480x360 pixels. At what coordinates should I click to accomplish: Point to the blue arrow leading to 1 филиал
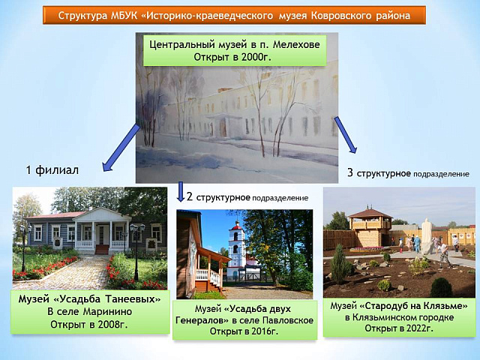click(120, 145)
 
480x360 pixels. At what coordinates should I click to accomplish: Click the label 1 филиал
click(52, 170)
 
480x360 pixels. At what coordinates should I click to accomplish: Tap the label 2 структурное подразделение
click(247, 197)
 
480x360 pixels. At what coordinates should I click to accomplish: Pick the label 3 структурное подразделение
click(408, 173)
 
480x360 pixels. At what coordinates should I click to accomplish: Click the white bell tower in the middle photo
click(236, 248)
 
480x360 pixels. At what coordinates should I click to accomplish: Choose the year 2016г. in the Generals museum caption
click(262, 331)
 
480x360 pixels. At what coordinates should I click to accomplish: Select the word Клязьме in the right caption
click(446, 305)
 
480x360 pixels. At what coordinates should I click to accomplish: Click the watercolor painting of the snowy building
click(236, 120)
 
